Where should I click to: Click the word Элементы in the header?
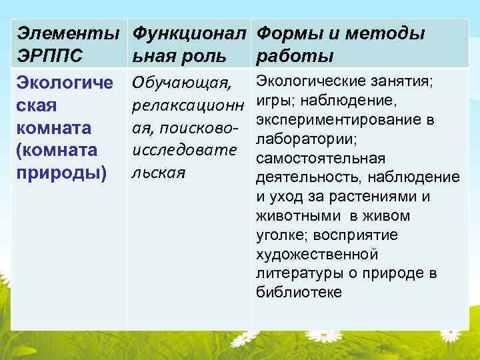tap(65, 33)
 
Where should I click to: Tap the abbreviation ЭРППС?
tap(50, 55)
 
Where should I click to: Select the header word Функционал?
tap(189, 33)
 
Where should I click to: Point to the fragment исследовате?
tap(185, 149)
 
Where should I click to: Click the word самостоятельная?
tap(320, 159)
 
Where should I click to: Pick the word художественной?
tap(317, 255)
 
